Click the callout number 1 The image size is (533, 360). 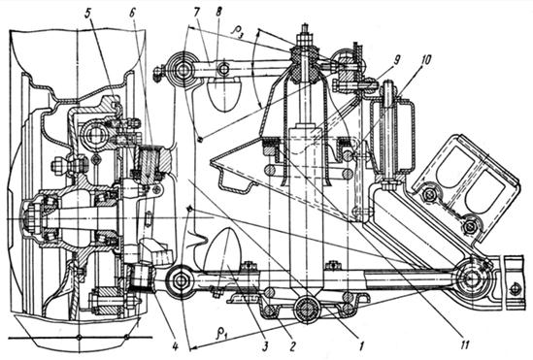coord(361,345)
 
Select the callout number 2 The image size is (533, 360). coord(291,345)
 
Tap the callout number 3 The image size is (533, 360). coord(265,345)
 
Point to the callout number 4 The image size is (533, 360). coord(176,346)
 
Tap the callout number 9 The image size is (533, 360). coord(396,60)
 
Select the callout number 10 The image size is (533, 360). coord(425,60)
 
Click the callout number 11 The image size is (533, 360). coord(465,345)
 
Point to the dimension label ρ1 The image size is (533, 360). coord(221,334)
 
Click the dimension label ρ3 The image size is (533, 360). coord(238,31)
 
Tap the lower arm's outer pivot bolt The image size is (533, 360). coord(181,280)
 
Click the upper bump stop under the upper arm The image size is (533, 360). coord(224,91)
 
